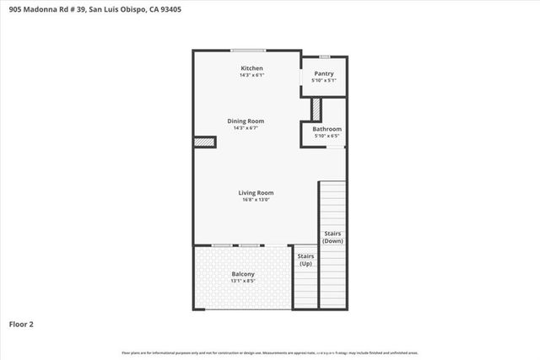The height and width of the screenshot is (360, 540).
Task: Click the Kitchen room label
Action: [x=251, y=68]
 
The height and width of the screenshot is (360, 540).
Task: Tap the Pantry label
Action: [x=324, y=74]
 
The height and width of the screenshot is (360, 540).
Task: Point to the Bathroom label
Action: [x=327, y=129]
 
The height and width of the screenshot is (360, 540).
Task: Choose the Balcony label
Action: [x=243, y=274]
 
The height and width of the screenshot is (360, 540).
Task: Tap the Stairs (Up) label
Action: [x=305, y=260]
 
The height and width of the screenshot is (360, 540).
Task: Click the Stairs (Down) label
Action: [x=332, y=237]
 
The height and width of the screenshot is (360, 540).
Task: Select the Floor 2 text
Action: [x=21, y=323]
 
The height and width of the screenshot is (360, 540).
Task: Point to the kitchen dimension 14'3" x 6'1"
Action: [x=251, y=76]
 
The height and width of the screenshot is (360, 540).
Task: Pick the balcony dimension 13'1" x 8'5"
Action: [x=243, y=281]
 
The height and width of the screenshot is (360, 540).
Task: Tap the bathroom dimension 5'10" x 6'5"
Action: [x=327, y=136]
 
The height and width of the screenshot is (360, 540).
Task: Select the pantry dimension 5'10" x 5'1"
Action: [x=324, y=81]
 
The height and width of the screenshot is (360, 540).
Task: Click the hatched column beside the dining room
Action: [x=205, y=142]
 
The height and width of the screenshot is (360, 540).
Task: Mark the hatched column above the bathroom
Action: [x=316, y=110]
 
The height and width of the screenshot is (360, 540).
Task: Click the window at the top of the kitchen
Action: [x=248, y=51]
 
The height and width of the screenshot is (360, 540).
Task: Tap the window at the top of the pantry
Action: [x=324, y=56]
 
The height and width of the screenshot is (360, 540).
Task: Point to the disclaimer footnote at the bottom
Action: [x=270, y=352]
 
